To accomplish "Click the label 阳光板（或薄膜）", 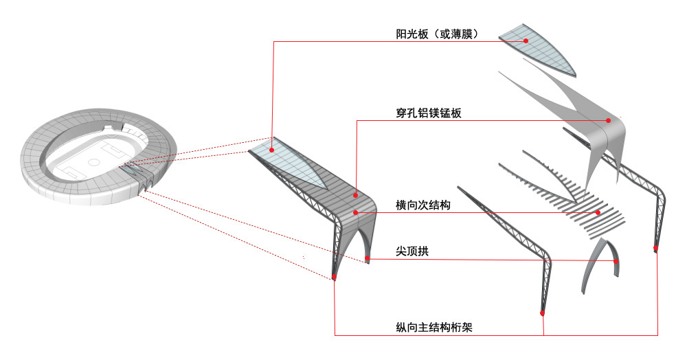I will pyautogui.click(x=437, y=34).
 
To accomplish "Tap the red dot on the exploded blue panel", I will pyautogui.click(x=526, y=41).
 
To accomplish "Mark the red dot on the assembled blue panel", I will pyautogui.click(x=272, y=149).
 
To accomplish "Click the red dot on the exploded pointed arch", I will pyautogui.click(x=616, y=262).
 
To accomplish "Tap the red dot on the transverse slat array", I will pyautogui.click(x=598, y=213).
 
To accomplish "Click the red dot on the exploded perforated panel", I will pyautogui.click(x=609, y=121).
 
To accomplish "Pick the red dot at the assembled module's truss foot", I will pyautogui.click(x=334, y=278).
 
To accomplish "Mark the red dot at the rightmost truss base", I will pyautogui.click(x=656, y=249).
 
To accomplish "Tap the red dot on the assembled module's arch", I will pyautogui.click(x=368, y=259).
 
